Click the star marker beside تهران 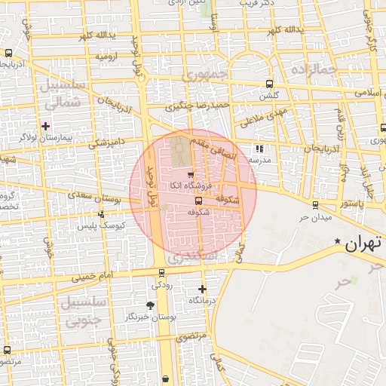337,240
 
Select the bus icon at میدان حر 315,205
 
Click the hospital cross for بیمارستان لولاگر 46,125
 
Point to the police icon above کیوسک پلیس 102,214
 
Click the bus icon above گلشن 269,84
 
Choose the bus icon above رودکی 161,273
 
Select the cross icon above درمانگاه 202,289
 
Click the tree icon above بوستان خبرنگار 150,305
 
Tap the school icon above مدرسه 260,149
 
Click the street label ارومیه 104,57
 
